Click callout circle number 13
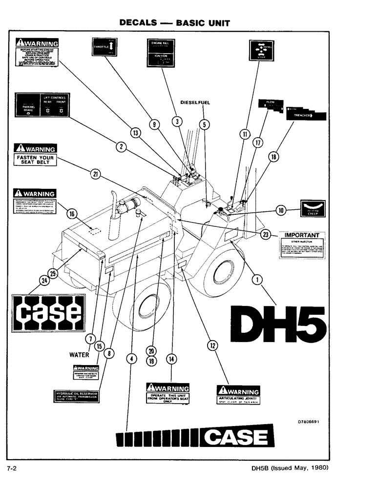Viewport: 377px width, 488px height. [135, 131]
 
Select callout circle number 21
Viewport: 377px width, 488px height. [95, 172]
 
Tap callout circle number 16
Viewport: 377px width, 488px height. [72, 213]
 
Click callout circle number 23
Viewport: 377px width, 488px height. [265, 234]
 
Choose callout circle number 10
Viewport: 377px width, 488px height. [281, 211]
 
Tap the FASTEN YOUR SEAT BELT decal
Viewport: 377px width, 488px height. [34, 155]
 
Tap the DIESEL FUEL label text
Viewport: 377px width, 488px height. [195, 102]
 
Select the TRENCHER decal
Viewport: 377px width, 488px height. [305, 114]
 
